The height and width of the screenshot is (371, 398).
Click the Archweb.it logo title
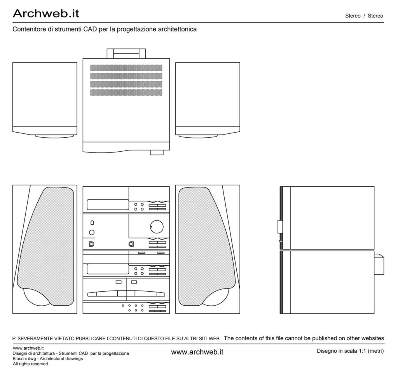click(46, 14)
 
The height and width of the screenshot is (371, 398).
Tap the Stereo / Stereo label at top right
click(364, 16)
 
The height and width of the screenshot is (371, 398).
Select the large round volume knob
click(157, 226)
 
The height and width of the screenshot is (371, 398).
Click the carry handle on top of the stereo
click(126, 54)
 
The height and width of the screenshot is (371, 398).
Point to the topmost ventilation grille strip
click(126, 68)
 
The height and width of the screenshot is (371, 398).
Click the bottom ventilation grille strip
click(126, 93)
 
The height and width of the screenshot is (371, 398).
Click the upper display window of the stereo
click(108, 205)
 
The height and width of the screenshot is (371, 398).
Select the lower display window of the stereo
click(108, 269)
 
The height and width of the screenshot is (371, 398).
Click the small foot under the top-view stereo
click(157, 152)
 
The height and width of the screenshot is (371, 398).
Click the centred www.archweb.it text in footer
click(197, 352)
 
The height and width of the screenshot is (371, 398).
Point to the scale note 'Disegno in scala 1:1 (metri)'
click(350, 351)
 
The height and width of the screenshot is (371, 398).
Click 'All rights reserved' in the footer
click(30, 364)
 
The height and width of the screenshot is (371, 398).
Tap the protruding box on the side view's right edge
click(379, 264)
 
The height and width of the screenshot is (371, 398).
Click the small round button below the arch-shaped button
click(92, 232)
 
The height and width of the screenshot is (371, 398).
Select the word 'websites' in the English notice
click(373, 338)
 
